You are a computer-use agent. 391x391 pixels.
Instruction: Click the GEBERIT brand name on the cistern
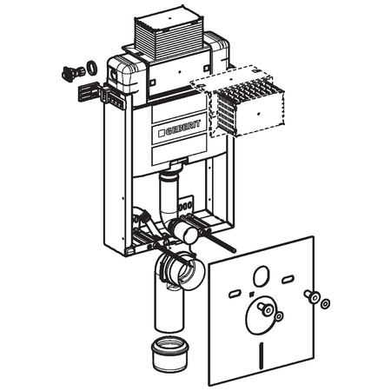(182, 128)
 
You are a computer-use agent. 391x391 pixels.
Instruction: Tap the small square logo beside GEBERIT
(162, 133)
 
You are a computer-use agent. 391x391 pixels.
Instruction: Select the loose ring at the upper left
(92, 68)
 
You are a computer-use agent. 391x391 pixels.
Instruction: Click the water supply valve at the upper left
(72, 73)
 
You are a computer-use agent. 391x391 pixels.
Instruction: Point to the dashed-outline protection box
(237, 102)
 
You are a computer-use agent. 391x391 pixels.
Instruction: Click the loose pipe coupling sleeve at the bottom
(169, 354)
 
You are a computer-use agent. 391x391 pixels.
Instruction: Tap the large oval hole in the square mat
(262, 275)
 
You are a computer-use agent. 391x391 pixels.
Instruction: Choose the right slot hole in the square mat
(288, 280)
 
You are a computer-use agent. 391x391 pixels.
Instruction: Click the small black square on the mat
(252, 295)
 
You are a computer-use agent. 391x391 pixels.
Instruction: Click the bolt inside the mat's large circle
(265, 308)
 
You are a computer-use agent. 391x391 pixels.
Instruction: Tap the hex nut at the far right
(326, 304)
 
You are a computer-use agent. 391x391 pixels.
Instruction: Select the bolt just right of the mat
(312, 296)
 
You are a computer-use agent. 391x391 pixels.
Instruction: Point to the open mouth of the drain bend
(189, 274)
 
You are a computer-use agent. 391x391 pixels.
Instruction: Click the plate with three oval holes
(186, 205)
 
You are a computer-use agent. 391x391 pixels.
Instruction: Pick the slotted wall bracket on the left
(89, 91)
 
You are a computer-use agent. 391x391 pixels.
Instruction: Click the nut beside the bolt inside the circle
(279, 316)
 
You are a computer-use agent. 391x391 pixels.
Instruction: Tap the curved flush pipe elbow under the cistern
(168, 202)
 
